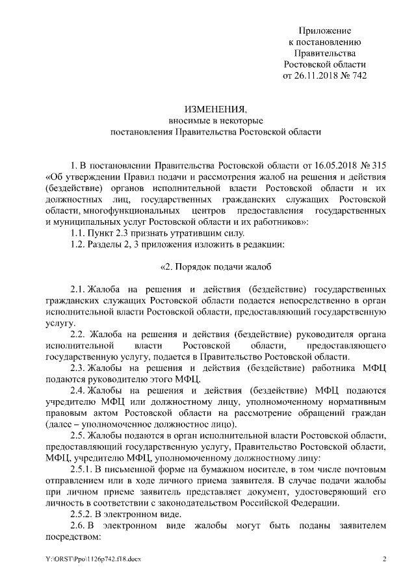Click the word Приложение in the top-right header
(325, 31)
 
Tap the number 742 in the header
(358, 75)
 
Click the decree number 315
(379, 164)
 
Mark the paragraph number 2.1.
(78, 288)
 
